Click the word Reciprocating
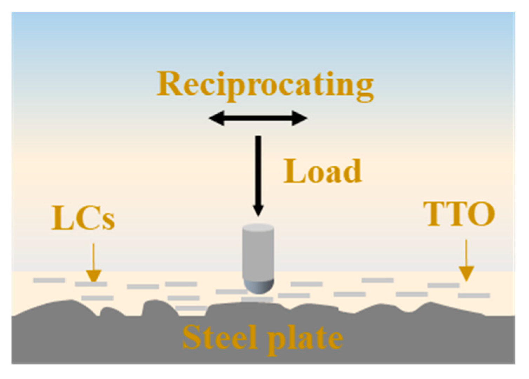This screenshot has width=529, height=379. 265,85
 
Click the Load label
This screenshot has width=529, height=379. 322,171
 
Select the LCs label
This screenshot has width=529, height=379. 83,218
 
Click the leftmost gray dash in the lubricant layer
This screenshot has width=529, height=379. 49,280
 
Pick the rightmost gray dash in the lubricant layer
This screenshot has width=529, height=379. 474,296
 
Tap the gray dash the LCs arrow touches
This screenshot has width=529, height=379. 91,284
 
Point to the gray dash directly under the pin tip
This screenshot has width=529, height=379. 258,299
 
